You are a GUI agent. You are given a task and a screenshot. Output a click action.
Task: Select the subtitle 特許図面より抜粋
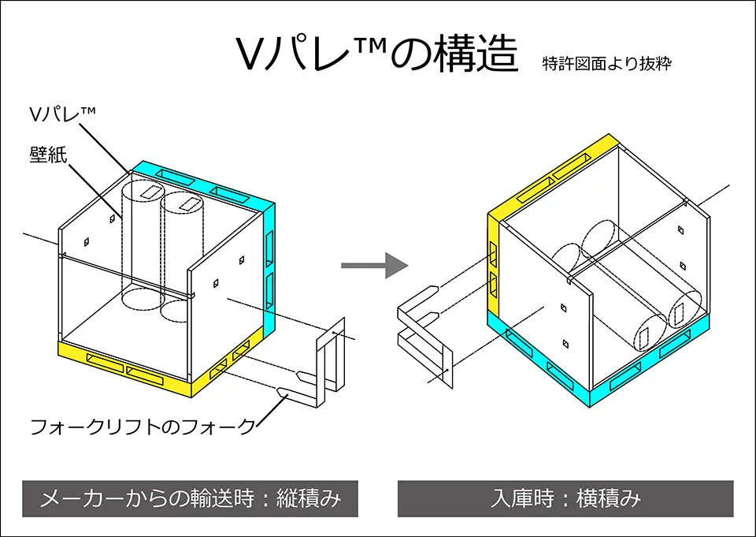tap(606, 63)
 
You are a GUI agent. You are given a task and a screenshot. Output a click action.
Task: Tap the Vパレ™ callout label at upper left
tap(62, 114)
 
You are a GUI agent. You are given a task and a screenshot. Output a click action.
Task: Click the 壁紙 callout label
tap(48, 155)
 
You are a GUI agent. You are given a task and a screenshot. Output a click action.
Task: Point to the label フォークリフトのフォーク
tap(143, 427)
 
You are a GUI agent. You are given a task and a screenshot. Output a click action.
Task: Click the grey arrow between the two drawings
tap(375, 265)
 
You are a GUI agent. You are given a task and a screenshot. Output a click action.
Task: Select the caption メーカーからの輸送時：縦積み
tap(191, 498)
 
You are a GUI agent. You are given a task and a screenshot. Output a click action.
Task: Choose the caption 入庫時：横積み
tap(565, 498)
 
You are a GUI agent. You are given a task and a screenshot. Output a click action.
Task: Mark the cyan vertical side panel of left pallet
tap(269, 270)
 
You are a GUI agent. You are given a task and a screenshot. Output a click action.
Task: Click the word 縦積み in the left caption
tap(309, 498)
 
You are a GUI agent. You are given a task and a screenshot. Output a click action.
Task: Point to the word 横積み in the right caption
tap(609, 498)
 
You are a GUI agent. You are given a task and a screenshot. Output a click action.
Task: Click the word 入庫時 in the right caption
tap(522, 498)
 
